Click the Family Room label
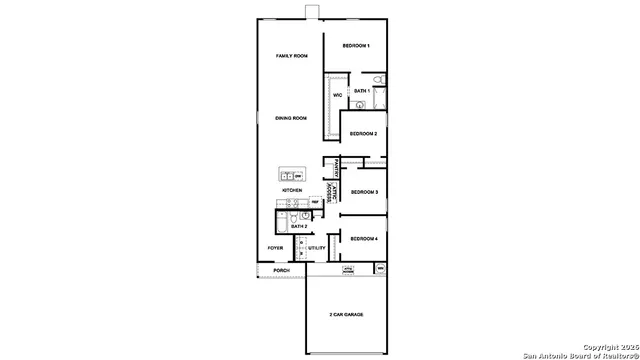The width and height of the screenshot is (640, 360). point(291,56)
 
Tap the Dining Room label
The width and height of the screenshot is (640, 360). point(291,118)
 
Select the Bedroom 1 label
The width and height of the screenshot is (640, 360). point(356,46)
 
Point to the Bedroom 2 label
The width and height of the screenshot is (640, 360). point(363,133)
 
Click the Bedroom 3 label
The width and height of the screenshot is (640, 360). point(363,192)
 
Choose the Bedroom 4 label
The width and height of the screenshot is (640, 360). point(363,239)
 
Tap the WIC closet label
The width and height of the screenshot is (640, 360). point(338,96)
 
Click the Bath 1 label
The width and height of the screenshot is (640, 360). point(362,91)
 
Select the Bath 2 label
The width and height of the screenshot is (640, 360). point(298,227)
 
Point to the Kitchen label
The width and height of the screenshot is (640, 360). point(292,189)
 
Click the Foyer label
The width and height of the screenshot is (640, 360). point(275,248)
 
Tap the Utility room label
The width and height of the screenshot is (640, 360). point(316,248)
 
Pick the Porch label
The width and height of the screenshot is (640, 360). point(282,270)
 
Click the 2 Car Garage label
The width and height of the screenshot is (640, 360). point(346,314)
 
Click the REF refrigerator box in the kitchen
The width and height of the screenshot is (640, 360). point(315,203)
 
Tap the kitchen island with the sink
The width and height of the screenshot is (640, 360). point(292,175)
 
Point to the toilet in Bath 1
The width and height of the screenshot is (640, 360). point(377,80)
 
